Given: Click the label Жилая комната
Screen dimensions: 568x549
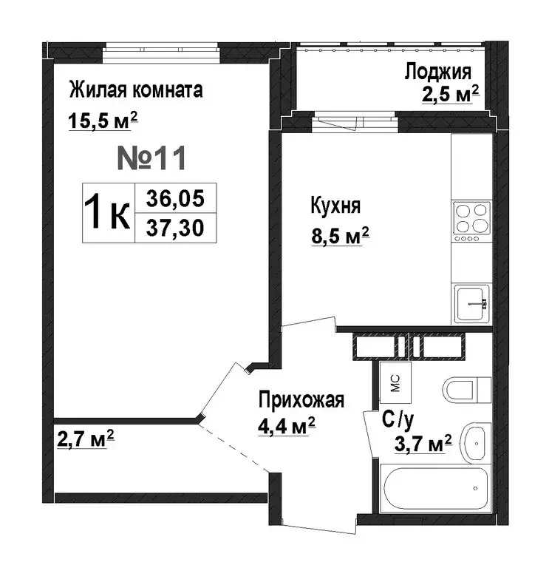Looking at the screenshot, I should (135, 91).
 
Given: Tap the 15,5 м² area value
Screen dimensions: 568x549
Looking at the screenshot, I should (103, 121).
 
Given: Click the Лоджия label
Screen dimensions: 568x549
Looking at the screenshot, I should (437, 72).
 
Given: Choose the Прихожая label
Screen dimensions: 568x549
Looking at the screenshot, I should (301, 401).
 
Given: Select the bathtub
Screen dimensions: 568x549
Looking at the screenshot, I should (434, 487).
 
